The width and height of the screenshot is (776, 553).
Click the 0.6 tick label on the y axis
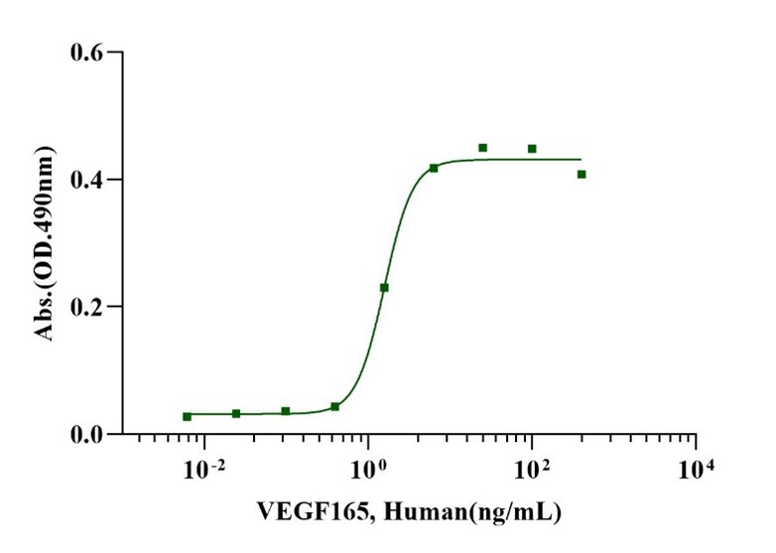(87, 52)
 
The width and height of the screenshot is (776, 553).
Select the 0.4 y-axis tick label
(87, 180)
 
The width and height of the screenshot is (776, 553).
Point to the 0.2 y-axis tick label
(87, 307)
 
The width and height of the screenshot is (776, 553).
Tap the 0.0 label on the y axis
(87, 435)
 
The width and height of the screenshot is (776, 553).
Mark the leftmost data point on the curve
(187, 416)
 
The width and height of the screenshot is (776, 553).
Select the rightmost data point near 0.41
(582, 174)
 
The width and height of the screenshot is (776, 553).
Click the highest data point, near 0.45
(483, 148)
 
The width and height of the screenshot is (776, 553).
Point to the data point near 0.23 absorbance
(384, 288)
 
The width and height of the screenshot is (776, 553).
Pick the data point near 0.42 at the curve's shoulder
(434, 168)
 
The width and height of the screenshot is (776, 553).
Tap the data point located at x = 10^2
(532, 149)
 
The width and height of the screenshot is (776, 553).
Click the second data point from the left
(236, 413)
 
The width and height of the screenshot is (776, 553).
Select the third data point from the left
(286, 411)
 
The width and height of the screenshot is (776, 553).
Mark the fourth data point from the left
(335, 406)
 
